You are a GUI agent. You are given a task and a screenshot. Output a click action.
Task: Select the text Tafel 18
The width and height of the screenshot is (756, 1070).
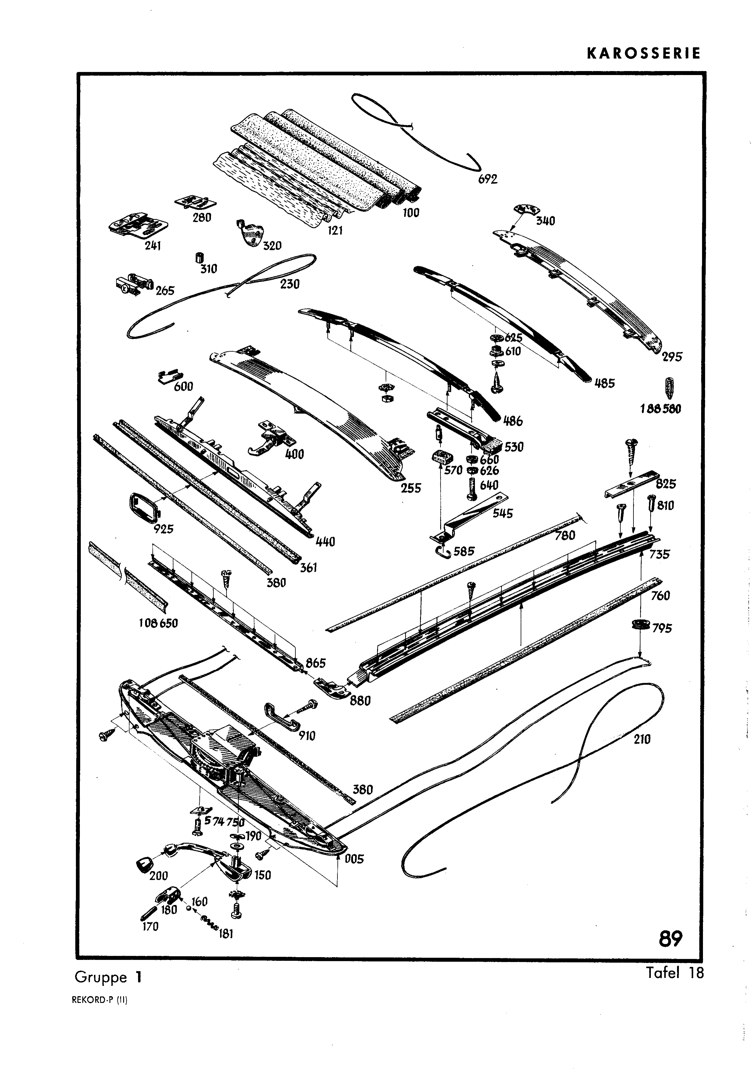[675, 973]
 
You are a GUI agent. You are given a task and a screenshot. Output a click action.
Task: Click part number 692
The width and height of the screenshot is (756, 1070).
[488, 179]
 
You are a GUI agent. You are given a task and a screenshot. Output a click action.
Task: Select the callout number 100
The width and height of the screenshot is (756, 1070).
[411, 213]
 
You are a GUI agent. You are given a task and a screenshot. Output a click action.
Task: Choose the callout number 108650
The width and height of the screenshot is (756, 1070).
[159, 623]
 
